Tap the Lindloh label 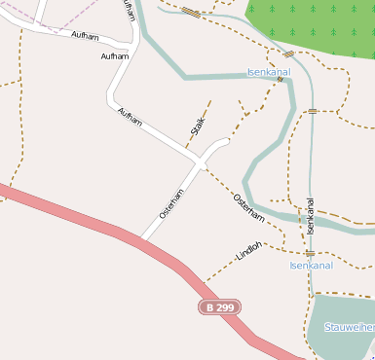coord(249,251)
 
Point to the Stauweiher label coord(350,328)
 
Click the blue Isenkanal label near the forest coord(270,73)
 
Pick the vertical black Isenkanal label coord(311,216)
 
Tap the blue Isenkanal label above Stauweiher coord(312,265)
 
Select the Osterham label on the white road coord(171,202)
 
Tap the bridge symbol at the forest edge coord(288,54)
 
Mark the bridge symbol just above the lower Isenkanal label coord(309,253)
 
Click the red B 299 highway coord(97,225)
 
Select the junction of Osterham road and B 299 coord(143,239)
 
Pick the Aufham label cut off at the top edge coord(130,10)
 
